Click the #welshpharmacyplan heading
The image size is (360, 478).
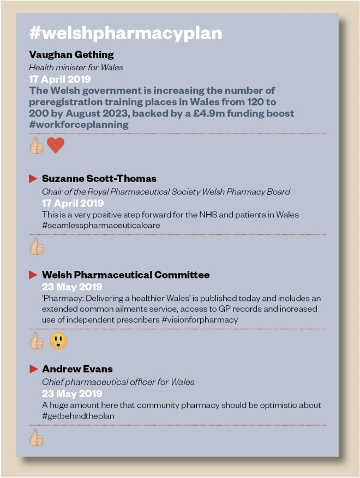(125, 33)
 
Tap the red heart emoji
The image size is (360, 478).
(55, 146)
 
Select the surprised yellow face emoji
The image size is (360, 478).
(58, 341)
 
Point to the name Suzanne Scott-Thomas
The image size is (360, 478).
(99, 179)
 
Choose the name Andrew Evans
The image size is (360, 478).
(77, 369)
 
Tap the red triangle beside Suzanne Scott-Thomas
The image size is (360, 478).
(33, 179)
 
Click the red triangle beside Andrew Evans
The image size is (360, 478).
(33, 369)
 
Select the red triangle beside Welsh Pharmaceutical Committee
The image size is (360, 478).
(33, 275)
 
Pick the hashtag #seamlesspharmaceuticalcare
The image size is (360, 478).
(101, 225)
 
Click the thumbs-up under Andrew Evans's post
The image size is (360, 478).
(37, 438)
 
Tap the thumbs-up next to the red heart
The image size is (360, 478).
(37, 146)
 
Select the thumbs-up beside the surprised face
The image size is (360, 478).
(37, 342)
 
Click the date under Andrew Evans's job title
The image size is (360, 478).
(72, 394)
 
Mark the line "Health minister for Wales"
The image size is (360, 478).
(76, 67)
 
